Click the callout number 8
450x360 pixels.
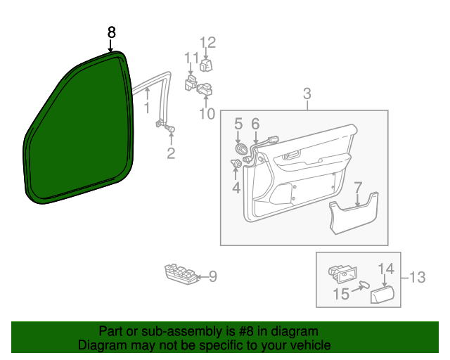(x=111, y=32)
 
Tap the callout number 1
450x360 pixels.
(x=147, y=108)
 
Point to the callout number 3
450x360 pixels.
(x=307, y=94)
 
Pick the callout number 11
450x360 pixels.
(x=191, y=58)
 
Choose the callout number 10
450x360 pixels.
(x=206, y=112)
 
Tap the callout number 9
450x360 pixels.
(x=212, y=277)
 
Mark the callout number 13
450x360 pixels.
(x=417, y=278)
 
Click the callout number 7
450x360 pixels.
(x=357, y=187)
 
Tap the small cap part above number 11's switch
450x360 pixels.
(x=207, y=65)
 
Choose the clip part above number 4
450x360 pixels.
(x=236, y=165)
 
